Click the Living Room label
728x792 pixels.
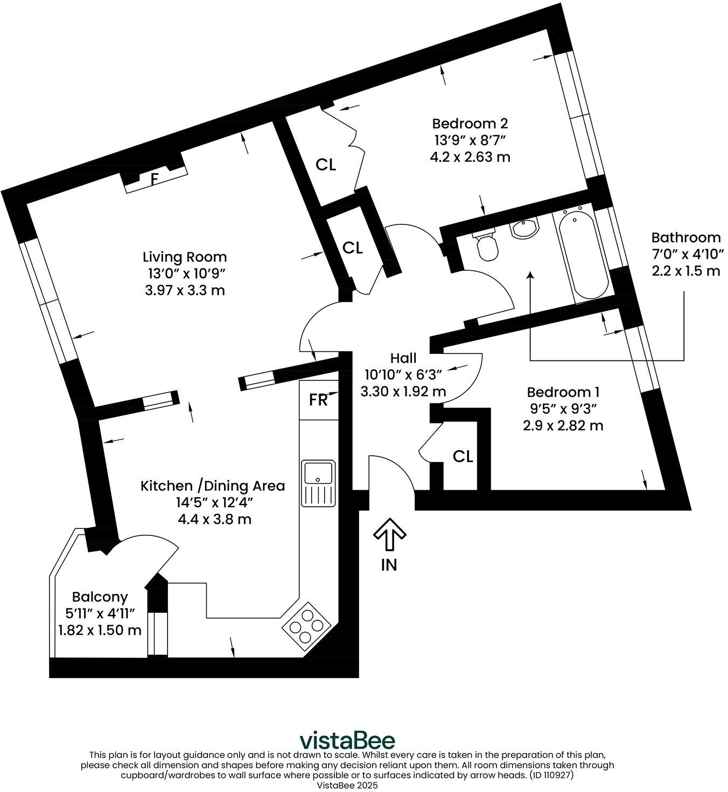(185, 257)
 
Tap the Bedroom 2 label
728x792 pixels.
(470, 123)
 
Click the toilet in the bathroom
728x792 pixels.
(487, 246)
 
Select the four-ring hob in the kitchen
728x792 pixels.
(306, 625)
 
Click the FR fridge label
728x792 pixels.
(318, 400)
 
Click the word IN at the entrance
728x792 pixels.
(389, 565)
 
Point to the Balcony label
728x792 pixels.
(100, 597)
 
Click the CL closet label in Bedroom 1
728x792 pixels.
(463, 457)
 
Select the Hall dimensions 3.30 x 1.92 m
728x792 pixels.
(403, 391)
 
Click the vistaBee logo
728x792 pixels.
(346, 740)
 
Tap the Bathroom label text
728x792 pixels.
(685, 237)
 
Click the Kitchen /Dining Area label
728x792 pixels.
(213, 486)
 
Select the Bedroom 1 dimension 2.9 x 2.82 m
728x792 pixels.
(563, 426)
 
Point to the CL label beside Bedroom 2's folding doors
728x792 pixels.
(326, 165)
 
